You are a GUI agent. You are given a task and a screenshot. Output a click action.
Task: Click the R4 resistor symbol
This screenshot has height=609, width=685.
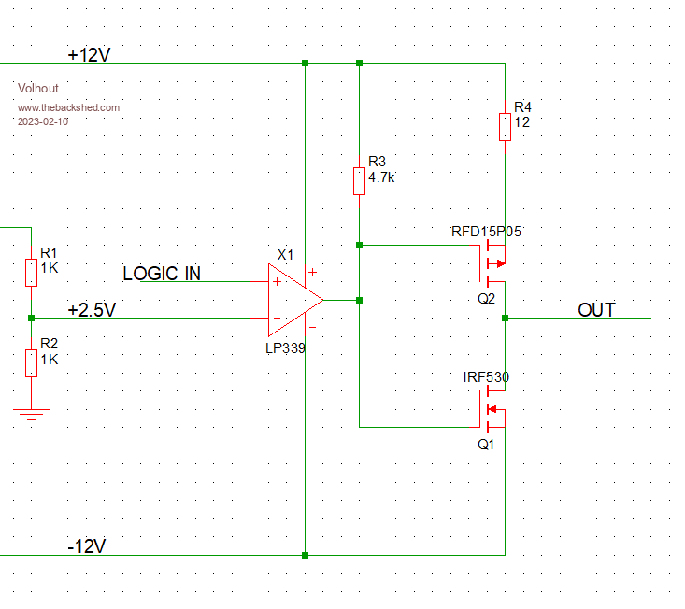505,126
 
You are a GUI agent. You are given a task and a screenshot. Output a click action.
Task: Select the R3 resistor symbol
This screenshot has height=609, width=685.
359,180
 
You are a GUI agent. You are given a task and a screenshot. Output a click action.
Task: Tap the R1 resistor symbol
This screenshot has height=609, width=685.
31,272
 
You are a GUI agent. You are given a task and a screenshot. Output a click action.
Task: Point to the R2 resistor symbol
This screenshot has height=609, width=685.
31,361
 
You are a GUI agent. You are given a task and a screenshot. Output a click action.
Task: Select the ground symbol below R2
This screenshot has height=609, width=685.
31,414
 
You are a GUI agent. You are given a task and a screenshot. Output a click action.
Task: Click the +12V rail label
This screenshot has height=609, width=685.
89,55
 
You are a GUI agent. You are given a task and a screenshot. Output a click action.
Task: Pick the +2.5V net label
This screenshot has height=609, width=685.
92,309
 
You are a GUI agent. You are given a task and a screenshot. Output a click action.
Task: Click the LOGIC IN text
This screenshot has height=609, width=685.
162,274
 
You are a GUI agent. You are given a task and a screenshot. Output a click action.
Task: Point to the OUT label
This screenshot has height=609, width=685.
596,310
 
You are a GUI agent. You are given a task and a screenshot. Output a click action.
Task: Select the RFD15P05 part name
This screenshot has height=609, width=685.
486,232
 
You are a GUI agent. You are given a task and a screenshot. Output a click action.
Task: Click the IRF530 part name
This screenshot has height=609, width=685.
486,377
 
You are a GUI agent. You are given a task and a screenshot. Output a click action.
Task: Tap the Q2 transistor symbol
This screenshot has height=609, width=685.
493,262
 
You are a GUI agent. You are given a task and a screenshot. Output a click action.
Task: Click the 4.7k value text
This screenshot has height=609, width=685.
382,177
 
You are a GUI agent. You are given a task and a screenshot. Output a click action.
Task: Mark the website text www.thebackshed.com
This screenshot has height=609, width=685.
68,107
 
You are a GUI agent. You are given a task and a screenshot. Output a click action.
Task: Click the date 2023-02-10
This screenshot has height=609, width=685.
43,121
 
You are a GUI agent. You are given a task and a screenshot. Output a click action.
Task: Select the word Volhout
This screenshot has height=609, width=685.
37,88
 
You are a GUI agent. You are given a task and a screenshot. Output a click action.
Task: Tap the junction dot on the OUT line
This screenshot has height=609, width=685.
505,319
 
